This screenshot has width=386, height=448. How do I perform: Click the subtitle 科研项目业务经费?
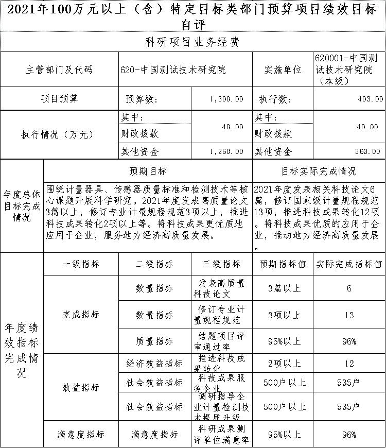(x=192, y=42)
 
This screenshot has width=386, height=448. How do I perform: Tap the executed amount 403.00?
(x=371, y=99)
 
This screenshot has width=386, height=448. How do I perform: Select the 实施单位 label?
(x=283, y=70)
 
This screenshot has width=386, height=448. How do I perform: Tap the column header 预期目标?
(x=148, y=170)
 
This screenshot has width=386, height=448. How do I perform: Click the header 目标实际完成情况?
(x=319, y=170)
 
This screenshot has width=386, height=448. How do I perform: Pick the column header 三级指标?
(x=222, y=264)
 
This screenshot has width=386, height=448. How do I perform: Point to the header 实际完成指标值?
(x=349, y=264)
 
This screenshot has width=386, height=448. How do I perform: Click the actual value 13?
(x=349, y=315)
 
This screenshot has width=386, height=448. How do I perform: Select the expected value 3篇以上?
(x=283, y=288)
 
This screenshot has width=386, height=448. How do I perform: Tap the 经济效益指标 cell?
(x=154, y=364)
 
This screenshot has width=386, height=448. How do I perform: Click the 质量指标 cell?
(x=154, y=341)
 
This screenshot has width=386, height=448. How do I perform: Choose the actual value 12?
(x=349, y=364)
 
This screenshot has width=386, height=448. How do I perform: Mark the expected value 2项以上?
(x=283, y=364)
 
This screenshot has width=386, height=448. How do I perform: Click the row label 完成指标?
(x=81, y=314)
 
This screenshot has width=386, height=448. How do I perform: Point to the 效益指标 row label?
(x=81, y=387)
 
